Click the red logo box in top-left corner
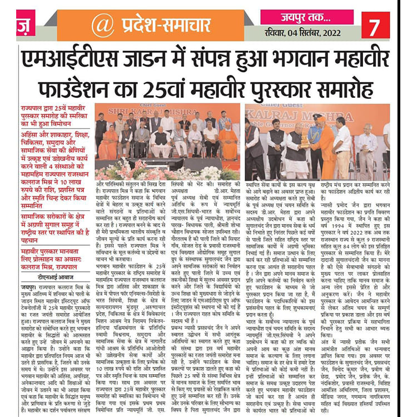point(24,25)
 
